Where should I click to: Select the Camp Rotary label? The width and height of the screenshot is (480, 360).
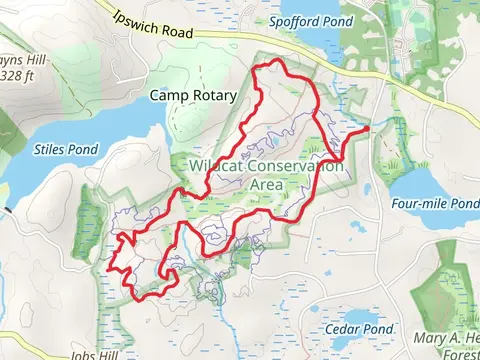tap(193, 96)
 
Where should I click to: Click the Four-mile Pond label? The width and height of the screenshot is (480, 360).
tap(437, 203)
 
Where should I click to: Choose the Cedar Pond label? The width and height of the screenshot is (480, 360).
tap(358, 328)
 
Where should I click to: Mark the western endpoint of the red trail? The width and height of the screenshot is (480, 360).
tap(108, 268)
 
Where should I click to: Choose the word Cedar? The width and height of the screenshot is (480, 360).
tap(341, 328)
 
